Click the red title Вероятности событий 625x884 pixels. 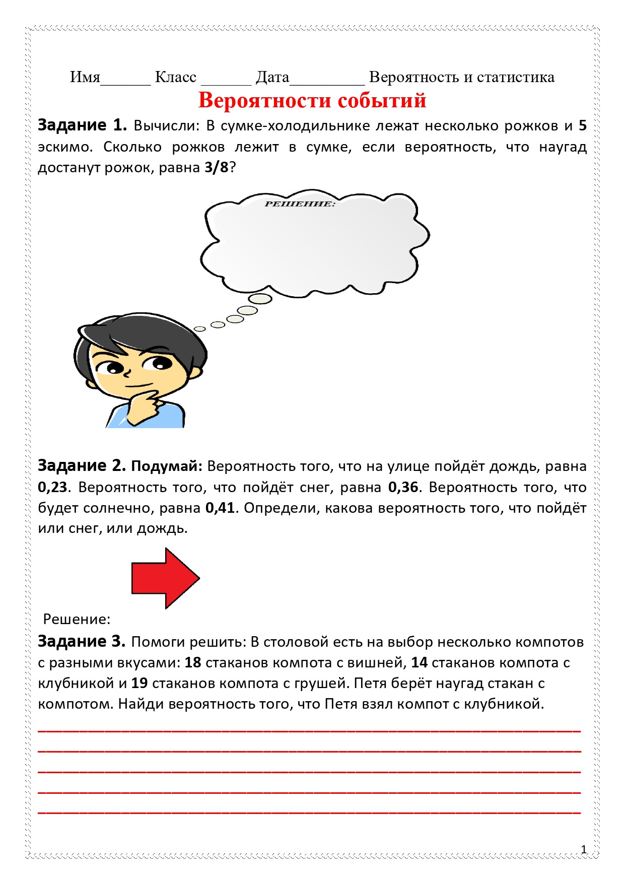click(x=312, y=100)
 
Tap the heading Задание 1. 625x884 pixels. click(x=82, y=125)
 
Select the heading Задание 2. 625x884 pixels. click(x=82, y=466)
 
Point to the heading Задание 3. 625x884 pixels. click(x=82, y=642)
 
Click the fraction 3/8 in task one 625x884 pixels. click(x=217, y=168)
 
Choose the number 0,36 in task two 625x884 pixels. click(x=403, y=488)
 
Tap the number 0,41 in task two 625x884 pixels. click(x=220, y=508)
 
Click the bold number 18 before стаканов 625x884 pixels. click(x=193, y=663)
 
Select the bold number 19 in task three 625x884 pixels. click(x=140, y=684)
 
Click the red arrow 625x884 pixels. click(x=165, y=578)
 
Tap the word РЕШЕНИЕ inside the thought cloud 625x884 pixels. click(x=300, y=204)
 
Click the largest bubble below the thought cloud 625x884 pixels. click(x=260, y=299)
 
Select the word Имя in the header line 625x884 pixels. click(x=85, y=77)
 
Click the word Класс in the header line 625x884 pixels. click(x=176, y=77)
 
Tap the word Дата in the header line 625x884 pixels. click(x=272, y=77)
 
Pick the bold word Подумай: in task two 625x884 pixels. click(x=166, y=466)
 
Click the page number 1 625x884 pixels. click(x=584, y=850)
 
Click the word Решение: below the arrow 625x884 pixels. click(x=77, y=619)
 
